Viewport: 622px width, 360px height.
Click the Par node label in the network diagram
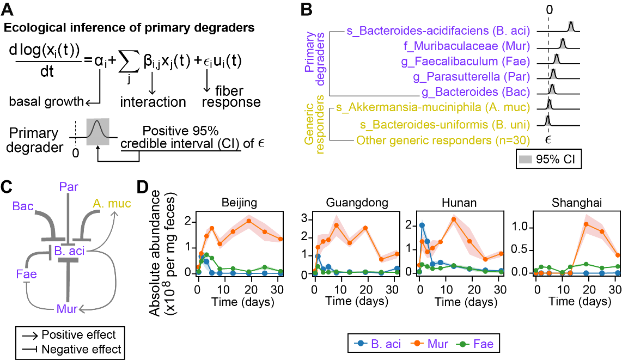pos(69,187)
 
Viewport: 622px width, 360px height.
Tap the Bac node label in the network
pos(23,206)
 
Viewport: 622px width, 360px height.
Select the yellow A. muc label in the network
pos(112,204)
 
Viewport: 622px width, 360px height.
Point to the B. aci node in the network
pos(69,251)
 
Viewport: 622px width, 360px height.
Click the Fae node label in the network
pos(26,274)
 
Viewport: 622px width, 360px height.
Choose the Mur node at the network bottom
pos(67,309)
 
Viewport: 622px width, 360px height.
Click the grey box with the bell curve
pos(98,132)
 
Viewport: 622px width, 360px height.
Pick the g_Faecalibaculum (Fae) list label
pos(466,62)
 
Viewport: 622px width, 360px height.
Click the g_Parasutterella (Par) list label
pos(472,77)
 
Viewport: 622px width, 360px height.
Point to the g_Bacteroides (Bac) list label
pos(476,92)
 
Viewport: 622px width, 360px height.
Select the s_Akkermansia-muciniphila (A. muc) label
pos(433,108)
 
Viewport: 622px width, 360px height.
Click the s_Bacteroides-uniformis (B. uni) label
pos(445,124)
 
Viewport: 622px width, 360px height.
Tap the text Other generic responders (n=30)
pos(443,141)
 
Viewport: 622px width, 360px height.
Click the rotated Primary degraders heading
pos(315,59)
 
